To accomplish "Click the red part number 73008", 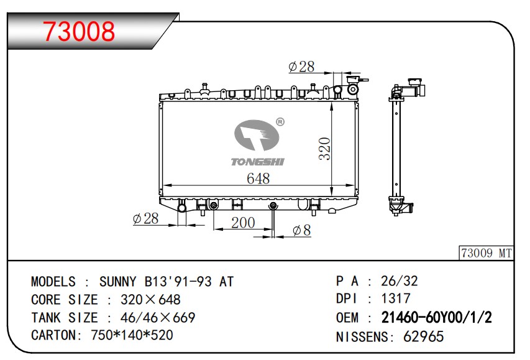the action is click(x=79, y=31).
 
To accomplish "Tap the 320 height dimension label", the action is click(x=325, y=148).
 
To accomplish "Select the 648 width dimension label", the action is click(x=258, y=178).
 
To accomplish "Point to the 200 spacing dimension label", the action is click(x=243, y=223).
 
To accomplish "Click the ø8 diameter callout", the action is click(x=302, y=230).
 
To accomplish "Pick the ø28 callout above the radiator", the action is click(x=301, y=67).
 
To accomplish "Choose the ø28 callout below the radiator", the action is click(x=145, y=219).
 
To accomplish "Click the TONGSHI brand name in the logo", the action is click(x=258, y=162).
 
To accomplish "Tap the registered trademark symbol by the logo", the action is click(x=280, y=122).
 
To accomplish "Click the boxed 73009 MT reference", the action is click(x=487, y=252).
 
